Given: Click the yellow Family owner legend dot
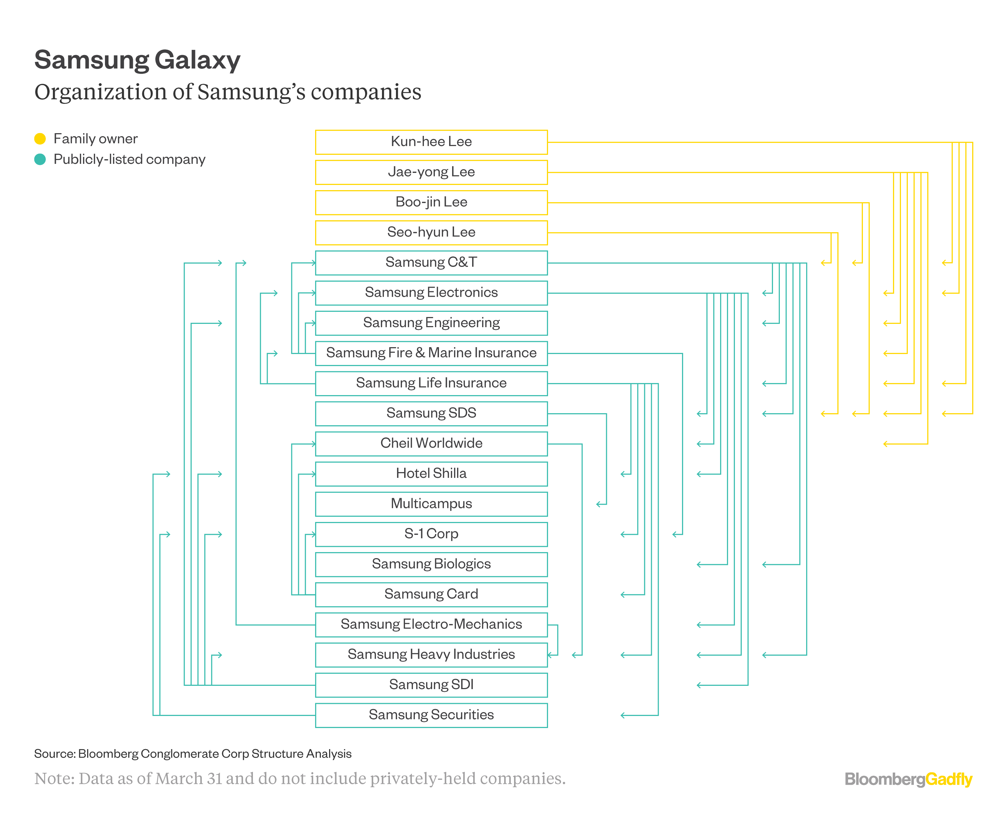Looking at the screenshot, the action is click(x=40, y=139).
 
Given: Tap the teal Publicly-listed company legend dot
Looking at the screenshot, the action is click(x=40, y=159).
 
